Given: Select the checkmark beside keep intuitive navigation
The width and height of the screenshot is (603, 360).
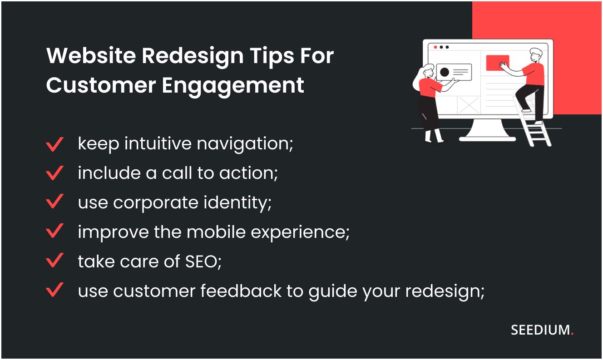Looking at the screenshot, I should (54, 144).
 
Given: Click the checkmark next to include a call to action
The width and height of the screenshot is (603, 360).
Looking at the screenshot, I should (54, 173).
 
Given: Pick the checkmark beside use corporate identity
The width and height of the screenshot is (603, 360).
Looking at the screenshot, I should (54, 202).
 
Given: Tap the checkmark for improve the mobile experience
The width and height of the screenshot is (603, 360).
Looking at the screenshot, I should (54, 232).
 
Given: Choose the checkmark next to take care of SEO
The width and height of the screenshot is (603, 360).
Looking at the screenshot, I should (54, 261).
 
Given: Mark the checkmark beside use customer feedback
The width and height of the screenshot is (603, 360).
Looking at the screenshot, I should (54, 290).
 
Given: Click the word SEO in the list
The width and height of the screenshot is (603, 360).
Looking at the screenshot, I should (203, 261).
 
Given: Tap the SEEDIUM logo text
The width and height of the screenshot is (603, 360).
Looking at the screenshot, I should (540, 330).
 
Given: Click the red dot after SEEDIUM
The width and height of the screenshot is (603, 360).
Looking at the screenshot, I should (572, 334).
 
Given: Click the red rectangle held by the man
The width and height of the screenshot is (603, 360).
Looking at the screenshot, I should (497, 63).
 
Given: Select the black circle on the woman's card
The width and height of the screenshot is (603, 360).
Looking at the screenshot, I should (444, 72).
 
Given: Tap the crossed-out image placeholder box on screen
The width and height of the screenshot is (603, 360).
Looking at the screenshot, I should (469, 105).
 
